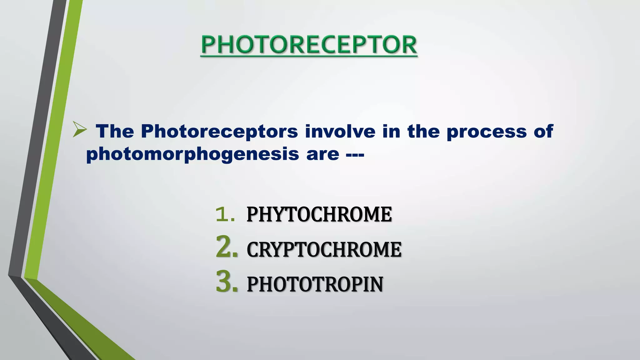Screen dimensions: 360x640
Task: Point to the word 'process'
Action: tap(487, 132)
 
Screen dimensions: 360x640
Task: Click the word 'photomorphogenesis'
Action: tap(192, 154)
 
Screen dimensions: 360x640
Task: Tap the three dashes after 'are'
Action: tap(355, 154)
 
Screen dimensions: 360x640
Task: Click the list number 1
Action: tap(225, 214)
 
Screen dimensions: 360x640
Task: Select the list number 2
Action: tap(227, 247)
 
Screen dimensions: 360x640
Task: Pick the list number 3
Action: tap(227, 282)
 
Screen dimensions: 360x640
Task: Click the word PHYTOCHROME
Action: tap(319, 214)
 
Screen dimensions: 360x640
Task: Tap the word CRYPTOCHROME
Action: tap(324, 249)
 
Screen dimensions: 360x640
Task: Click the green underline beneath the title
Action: tap(309, 56)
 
